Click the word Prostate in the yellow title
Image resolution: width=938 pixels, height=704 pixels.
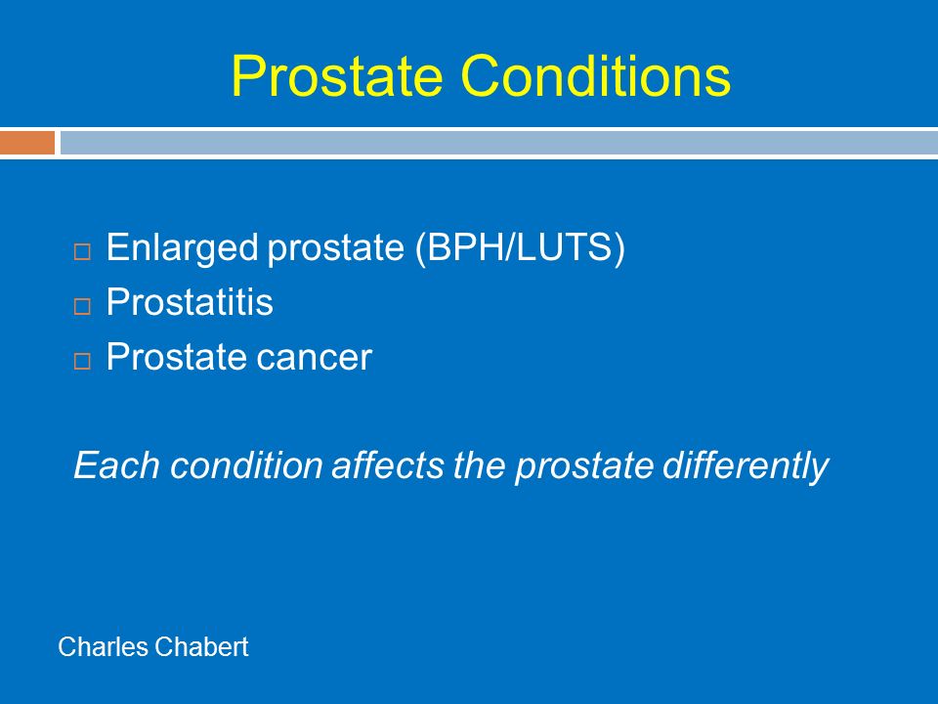click(x=337, y=75)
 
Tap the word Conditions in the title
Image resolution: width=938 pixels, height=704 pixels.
click(x=596, y=75)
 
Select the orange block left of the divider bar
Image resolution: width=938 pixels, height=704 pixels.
click(x=27, y=143)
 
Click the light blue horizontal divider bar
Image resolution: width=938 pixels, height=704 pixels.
click(x=499, y=143)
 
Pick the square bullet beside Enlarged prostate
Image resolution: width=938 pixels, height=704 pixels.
click(x=82, y=251)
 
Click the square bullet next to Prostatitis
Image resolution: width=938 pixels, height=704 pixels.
click(x=82, y=306)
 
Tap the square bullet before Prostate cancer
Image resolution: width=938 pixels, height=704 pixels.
click(x=82, y=361)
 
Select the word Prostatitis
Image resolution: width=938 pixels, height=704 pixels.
click(x=190, y=301)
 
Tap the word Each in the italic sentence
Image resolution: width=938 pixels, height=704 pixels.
click(x=116, y=465)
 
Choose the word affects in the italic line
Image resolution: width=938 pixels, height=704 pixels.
click(x=388, y=465)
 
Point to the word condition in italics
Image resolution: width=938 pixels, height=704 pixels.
click(x=246, y=465)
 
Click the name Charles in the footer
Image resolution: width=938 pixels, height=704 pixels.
click(x=104, y=646)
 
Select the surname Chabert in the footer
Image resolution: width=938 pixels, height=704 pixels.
click(x=201, y=646)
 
